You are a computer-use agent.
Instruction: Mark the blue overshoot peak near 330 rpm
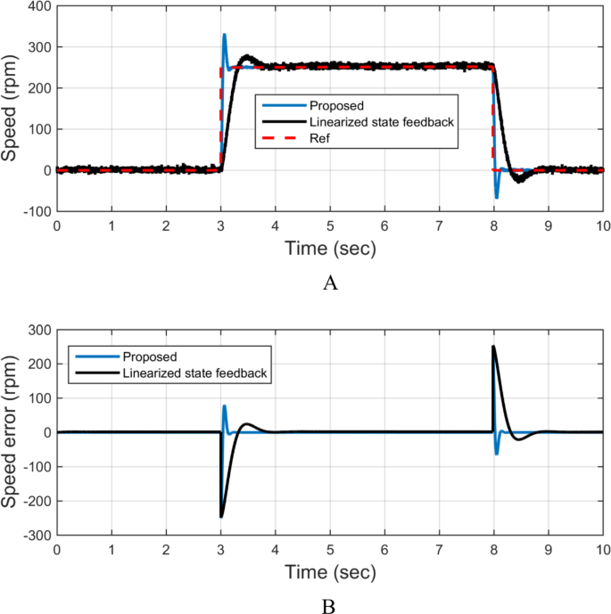[224, 35]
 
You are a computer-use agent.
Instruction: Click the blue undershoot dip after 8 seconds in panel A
[497, 197]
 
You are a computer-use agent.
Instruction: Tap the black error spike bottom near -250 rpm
[221, 516]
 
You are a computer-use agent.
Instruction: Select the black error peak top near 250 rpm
[493, 347]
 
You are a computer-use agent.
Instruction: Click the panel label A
[330, 282]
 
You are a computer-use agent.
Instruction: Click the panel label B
[330, 606]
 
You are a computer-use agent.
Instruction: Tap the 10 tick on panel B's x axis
[603, 550]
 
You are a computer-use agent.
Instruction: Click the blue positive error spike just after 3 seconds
[224, 406]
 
